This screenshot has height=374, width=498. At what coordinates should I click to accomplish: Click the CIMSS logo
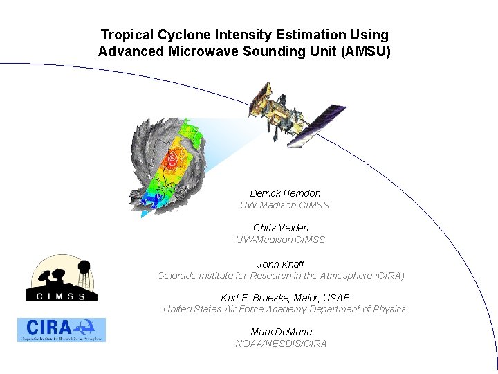coord(61,278)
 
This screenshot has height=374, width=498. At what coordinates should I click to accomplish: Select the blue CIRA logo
coord(62,330)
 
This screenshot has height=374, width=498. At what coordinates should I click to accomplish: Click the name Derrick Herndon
coord(285,193)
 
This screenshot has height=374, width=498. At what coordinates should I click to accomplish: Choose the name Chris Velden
coord(281,228)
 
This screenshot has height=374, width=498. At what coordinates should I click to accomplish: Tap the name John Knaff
coord(280,265)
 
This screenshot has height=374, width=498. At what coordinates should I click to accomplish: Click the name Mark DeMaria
coord(281,332)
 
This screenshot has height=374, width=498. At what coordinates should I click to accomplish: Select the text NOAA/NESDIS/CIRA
coord(281,344)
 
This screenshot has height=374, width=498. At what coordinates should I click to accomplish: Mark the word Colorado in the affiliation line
coord(176,276)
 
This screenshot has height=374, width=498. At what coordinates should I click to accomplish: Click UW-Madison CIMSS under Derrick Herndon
coord(284,205)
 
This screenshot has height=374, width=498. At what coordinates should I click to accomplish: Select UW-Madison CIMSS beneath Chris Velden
coord(280,240)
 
